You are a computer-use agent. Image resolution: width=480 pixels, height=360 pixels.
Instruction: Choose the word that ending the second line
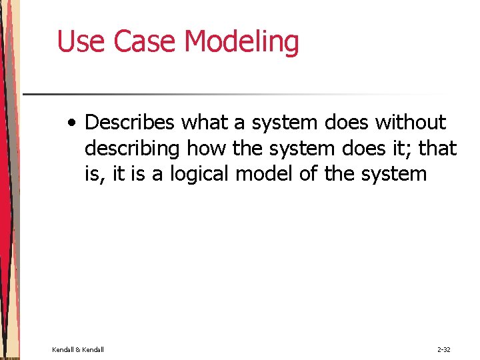(438, 148)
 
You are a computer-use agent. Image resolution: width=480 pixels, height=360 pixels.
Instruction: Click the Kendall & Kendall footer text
(78, 349)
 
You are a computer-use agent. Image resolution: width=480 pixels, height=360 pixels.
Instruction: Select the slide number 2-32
(444, 349)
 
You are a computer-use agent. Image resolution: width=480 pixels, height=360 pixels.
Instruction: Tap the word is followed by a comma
(93, 174)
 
